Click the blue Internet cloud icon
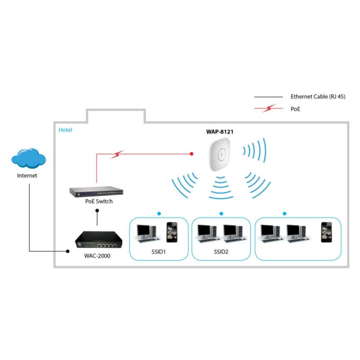28,158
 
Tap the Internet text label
27,176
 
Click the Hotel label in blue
65,130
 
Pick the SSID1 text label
158,251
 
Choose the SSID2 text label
221,251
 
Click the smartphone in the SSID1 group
171,232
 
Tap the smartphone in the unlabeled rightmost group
326,232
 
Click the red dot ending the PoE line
192,154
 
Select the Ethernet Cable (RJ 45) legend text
318,96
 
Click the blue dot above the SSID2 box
221,214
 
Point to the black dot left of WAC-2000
67,251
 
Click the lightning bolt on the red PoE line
117,155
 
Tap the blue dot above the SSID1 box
159,214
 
